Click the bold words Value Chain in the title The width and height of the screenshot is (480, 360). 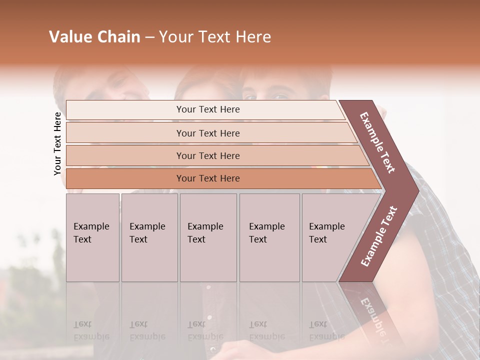coord(94,37)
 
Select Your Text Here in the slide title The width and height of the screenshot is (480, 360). coord(215,37)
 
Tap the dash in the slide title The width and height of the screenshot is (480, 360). coord(149,37)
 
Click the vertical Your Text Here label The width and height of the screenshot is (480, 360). coord(57,143)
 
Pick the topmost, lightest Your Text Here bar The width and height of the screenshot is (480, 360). coord(207,109)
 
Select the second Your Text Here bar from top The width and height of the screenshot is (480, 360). coord(207,133)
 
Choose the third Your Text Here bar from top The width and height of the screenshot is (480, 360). coord(207,155)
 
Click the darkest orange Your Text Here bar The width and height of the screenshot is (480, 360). coord(207,178)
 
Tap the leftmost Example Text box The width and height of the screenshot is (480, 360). coord(92,237)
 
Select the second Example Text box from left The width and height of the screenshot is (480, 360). coord(149,237)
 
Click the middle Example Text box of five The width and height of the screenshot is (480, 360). coord(208,237)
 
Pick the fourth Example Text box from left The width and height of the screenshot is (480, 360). coord(269,237)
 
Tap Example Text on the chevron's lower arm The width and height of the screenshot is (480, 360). coord(379,236)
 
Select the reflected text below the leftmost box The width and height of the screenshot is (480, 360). coord(91,330)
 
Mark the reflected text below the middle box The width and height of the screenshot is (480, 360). coord(205,330)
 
